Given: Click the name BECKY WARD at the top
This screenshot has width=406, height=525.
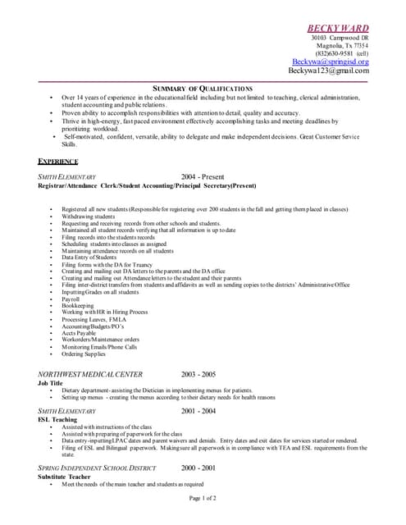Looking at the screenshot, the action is pyautogui.click(x=337, y=28).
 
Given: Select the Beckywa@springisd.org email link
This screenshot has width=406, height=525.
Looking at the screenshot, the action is pyautogui.click(x=331, y=62).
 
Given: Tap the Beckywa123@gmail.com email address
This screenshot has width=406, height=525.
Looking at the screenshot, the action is pyautogui.click(x=328, y=71).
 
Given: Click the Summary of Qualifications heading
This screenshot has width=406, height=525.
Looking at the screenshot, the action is pyautogui.click(x=203, y=88).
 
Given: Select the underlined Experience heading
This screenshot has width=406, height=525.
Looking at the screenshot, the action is pyautogui.click(x=58, y=161).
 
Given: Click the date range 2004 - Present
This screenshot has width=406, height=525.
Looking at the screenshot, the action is pyautogui.click(x=203, y=176).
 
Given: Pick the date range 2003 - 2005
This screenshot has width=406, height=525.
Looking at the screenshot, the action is pyautogui.click(x=198, y=374).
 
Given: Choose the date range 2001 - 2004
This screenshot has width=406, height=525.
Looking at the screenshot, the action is pyautogui.click(x=198, y=410).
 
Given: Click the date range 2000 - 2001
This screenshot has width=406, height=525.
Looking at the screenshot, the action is pyautogui.click(x=198, y=468).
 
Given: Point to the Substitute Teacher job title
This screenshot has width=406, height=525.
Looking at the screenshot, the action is pyautogui.click(x=64, y=477).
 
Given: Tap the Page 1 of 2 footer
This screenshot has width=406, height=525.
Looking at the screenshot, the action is pyautogui.click(x=203, y=498).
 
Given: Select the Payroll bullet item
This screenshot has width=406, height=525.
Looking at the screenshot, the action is pyautogui.click(x=71, y=299).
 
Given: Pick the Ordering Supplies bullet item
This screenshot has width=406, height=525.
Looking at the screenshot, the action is pyautogui.click(x=83, y=354).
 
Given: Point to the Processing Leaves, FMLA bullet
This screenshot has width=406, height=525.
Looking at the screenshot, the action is pyautogui.click(x=92, y=319).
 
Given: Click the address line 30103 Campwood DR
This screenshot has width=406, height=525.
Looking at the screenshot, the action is pyautogui.click(x=340, y=39).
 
